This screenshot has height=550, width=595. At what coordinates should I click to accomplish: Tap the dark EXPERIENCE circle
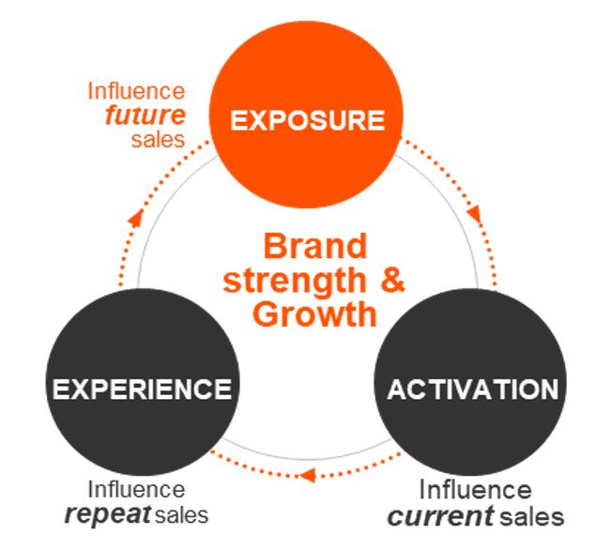coord(141,387)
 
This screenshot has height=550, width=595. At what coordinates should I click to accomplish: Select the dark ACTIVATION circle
coord(472,387)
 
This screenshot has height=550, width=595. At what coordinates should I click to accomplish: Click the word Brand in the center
coord(313,247)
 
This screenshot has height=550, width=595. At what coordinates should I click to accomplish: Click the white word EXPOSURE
coord(308,121)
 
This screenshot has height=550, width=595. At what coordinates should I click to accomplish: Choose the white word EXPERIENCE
coord(141,388)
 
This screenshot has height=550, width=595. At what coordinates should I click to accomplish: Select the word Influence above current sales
coord(474,490)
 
